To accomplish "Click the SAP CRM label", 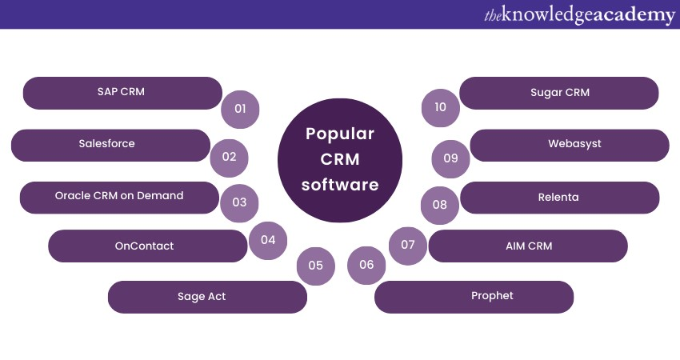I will (x=122, y=92).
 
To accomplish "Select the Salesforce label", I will (x=106, y=144).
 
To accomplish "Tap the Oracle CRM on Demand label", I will (x=119, y=196).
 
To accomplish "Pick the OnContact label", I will (x=144, y=246).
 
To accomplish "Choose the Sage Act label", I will (x=202, y=297).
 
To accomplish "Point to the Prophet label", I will (x=492, y=296).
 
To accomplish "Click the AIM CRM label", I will (x=528, y=246).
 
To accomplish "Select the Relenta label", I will (x=558, y=196).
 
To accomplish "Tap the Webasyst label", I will (x=574, y=144).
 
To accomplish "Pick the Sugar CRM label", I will (x=560, y=92).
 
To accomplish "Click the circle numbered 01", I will (x=240, y=108).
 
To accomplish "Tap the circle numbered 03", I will (x=239, y=202).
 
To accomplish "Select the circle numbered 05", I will (x=315, y=266).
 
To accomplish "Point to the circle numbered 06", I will (x=366, y=266).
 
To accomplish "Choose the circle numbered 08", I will (x=439, y=204).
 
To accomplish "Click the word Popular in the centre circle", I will (x=340, y=134).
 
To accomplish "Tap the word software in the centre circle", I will (x=340, y=185).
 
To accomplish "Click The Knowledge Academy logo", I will (x=579, y=15).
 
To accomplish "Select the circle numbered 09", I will (x=450, y=158).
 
